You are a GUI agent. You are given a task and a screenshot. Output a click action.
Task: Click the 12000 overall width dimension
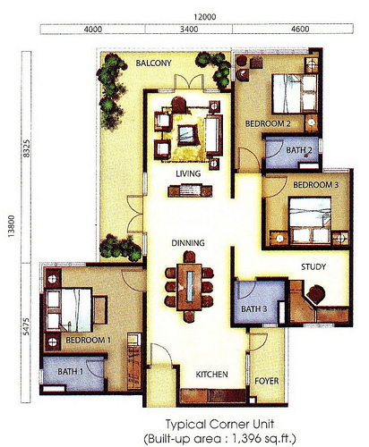(x=205, y=17)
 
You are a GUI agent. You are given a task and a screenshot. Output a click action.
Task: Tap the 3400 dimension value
(x=189, y=30)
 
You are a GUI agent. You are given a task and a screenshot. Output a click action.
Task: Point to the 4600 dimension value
(x=299, y=30)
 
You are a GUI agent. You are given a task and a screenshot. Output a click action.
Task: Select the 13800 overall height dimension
(x=12, y=226)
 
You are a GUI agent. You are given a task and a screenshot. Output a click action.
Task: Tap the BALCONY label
(x=153, y=63)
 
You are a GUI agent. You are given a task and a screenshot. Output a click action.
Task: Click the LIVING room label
(x=188, y=173)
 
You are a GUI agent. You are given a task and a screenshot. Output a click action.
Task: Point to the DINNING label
(x=188, y=243)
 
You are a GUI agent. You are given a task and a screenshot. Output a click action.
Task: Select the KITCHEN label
(x=211, y=375)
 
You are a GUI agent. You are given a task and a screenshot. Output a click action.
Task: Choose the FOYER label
(x=267, y=381)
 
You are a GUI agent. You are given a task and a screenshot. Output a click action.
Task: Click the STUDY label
(x=313, y=266)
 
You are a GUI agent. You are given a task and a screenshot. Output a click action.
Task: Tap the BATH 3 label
(x=254, y=309)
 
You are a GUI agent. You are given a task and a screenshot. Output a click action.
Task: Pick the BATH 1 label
(x=71, y=372)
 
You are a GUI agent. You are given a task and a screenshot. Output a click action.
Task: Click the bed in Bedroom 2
(x=295, y=94)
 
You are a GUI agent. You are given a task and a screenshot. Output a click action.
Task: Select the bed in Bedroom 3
(x=310, y=220)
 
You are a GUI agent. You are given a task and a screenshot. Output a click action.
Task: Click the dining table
(x=190, y=287)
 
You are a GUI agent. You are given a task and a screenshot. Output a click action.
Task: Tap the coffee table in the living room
(x=188, y=135)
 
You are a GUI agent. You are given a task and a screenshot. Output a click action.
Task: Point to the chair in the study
(x=316, y=295)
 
